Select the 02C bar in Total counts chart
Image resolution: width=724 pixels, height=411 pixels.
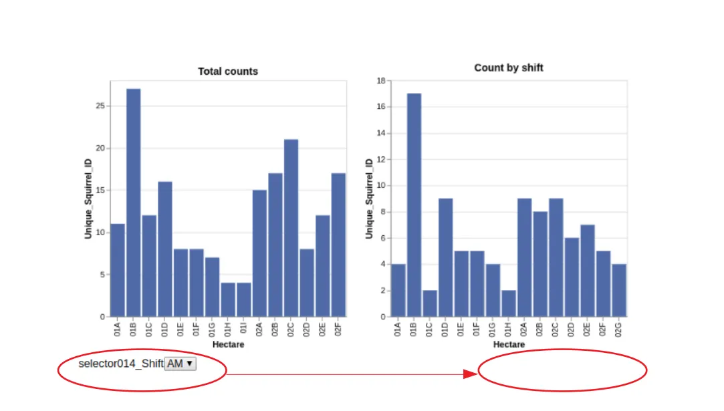(x=291, y=228)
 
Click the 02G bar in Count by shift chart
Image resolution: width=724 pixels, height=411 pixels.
(x=619, y=290)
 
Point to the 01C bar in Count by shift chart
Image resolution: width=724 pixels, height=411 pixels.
(x=430, y=303)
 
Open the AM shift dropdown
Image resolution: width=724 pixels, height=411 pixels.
(x=180, y=364)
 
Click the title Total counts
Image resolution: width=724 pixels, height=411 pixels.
(x=228, y=72)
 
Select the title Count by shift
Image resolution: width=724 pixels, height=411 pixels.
(x=509, y=68)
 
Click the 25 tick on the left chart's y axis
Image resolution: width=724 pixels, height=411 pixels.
(x=100, y=106)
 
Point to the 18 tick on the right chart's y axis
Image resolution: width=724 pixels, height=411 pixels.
(x=381, y=81)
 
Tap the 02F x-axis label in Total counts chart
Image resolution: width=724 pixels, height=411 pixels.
(x=338, y=328)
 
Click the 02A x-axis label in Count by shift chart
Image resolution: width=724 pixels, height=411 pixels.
(x=524, y=328)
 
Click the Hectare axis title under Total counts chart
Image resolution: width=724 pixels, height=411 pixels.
(x=228, y=345)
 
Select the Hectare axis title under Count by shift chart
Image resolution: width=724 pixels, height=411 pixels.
(x=509, y=345)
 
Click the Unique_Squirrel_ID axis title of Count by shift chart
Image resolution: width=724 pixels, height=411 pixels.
(x=368, y=198)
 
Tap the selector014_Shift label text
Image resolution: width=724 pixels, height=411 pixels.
(x=120, y=364)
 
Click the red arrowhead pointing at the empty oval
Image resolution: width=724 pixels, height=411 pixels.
(x=469, y=374)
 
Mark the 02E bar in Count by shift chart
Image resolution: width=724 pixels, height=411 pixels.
(x=588, y=271)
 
